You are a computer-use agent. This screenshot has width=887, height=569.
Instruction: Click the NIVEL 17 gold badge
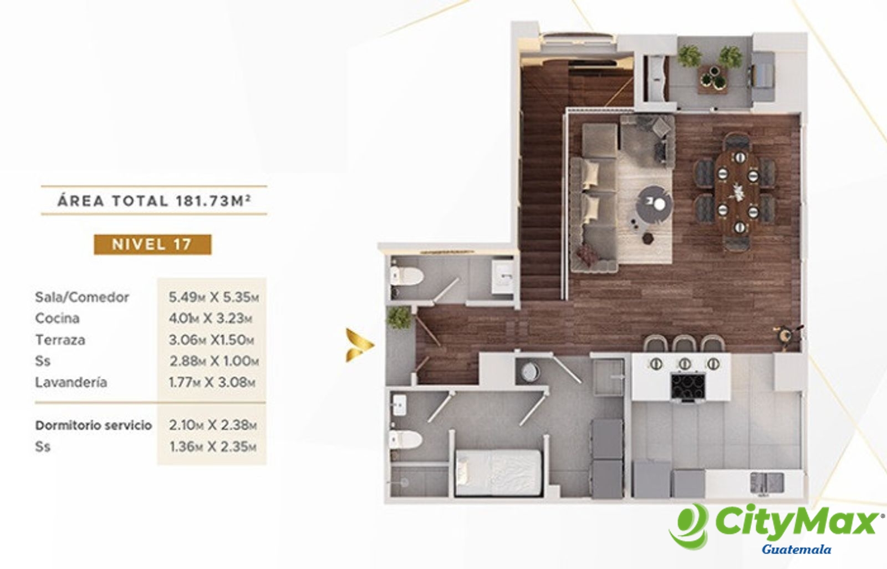[152, 244]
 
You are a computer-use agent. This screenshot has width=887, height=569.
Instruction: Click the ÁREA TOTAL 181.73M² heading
[154, 201]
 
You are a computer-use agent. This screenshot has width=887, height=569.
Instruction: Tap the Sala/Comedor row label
[82, 297]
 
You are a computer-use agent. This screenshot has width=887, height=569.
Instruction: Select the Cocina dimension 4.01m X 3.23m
[210, 318]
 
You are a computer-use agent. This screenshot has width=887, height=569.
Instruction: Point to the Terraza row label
[60, 340]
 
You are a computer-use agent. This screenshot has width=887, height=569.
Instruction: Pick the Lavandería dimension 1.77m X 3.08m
[212, 382]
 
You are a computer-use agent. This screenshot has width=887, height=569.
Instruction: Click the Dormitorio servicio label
[94, 425]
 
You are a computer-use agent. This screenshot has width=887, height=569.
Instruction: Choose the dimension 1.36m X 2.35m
[213, 447]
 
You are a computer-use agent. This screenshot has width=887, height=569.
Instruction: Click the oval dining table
[737, 192]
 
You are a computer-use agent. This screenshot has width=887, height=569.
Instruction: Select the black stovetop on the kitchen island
[688, 387]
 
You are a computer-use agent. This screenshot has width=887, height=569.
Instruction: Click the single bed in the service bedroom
[498, 473]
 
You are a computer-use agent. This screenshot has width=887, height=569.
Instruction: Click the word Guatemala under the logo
[796, 550]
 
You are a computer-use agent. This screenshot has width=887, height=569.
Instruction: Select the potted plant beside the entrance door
[399, 318]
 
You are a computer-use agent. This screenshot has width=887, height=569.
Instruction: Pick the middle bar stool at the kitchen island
[685, 344]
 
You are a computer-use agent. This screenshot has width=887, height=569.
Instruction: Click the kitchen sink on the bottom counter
[767, 483]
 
